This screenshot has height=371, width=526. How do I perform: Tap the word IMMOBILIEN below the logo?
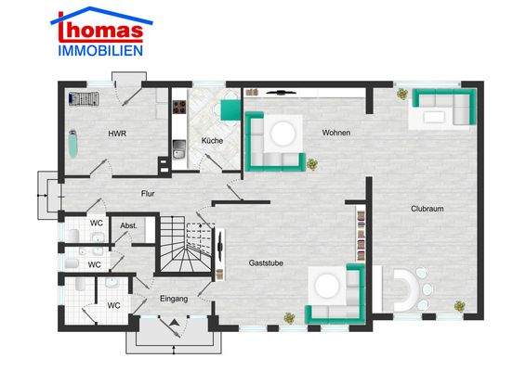click(99, 50)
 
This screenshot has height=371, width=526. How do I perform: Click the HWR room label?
click(117, 134)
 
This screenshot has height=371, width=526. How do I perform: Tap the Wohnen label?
click(335, 134)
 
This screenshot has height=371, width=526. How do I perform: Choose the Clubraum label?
click(427, 209)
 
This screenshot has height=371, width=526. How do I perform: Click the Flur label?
click(147, 194)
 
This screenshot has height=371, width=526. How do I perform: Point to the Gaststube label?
click(266, 263)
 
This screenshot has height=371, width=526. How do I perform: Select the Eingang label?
click(174, 299)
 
